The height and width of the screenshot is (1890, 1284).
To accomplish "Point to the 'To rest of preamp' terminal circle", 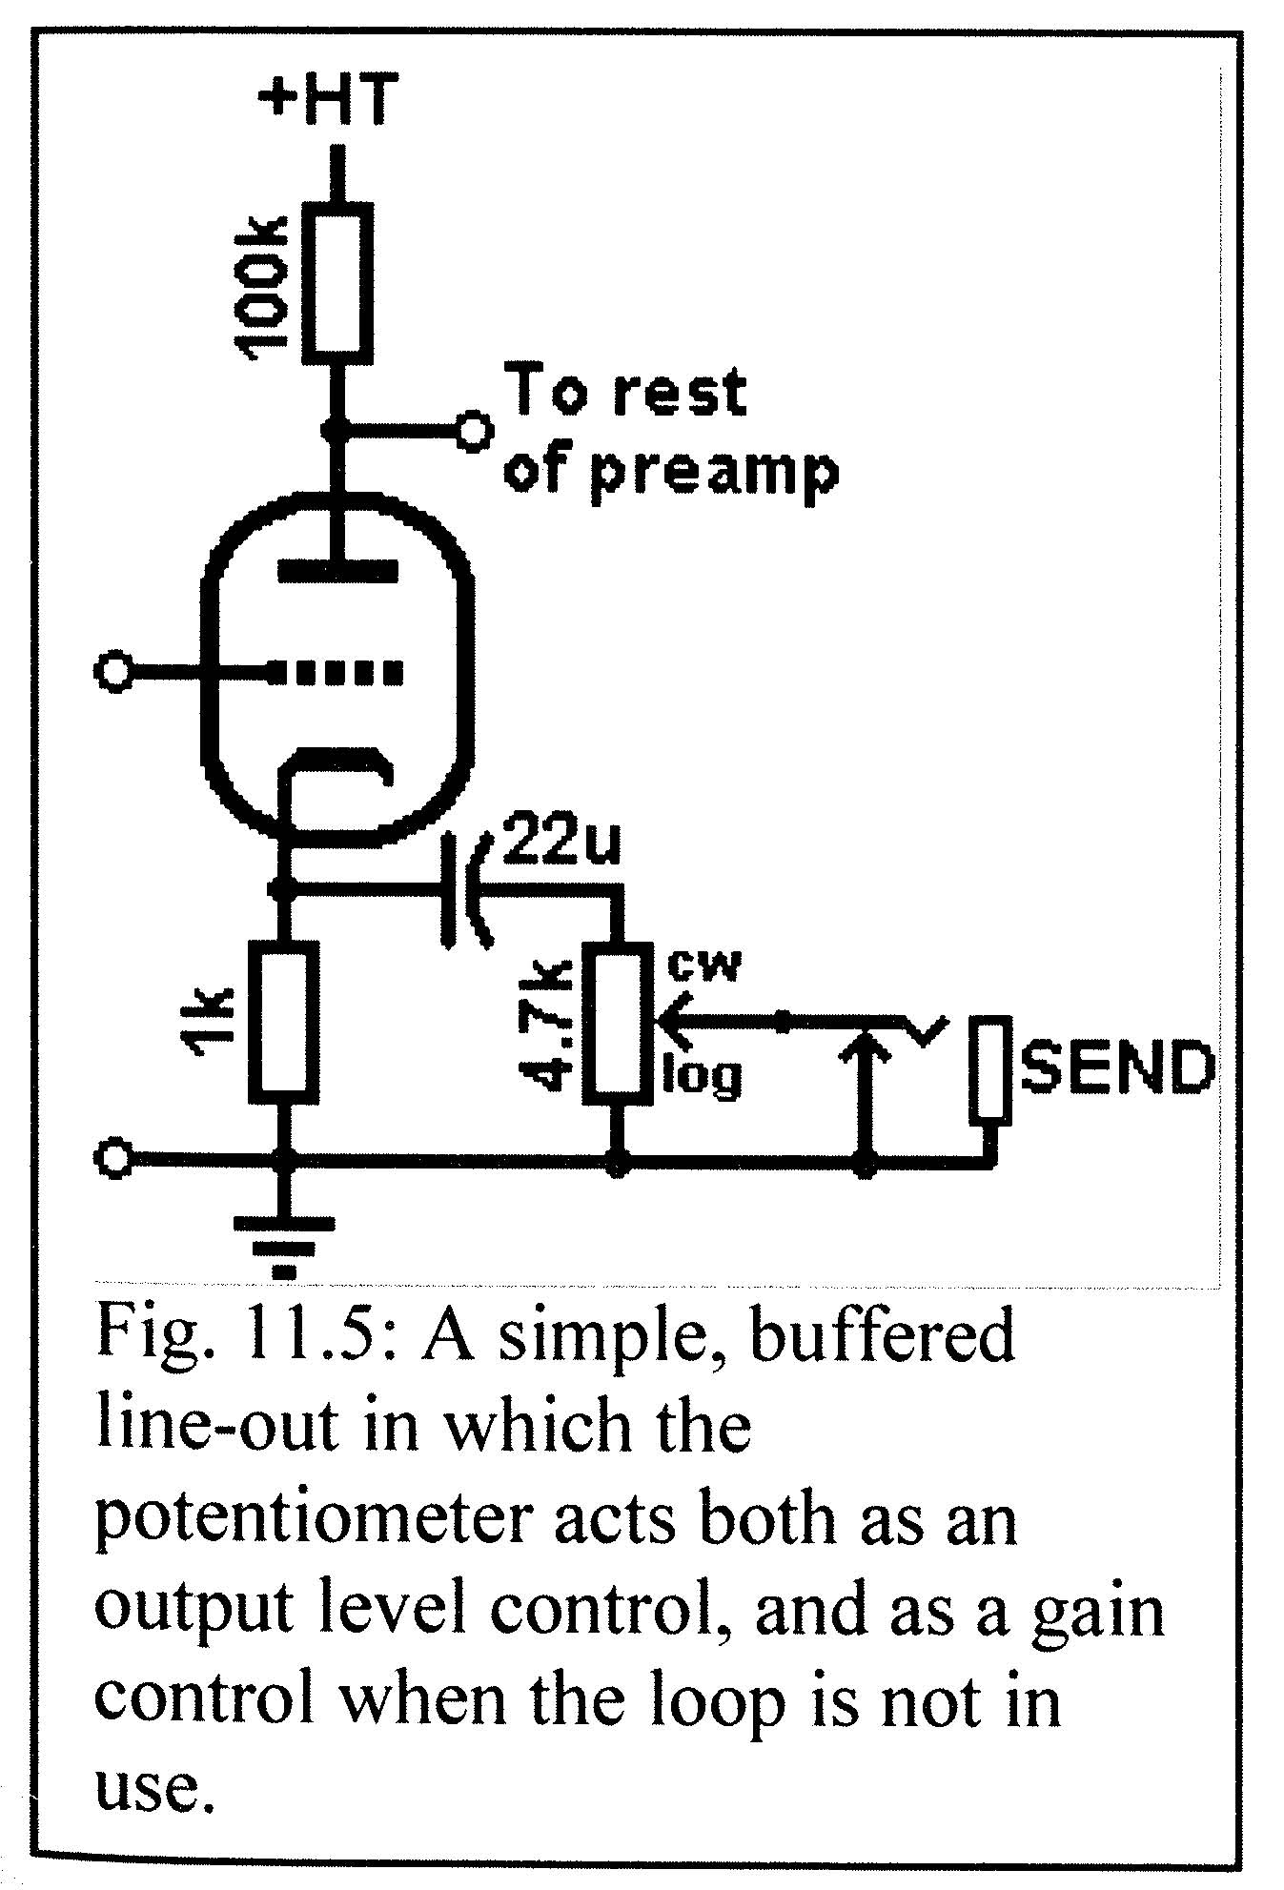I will tap(472, 432).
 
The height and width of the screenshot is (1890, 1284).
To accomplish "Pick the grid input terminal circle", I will tap(114, 672).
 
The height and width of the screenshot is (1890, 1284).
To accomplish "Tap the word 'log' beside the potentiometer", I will tap(703, 1075).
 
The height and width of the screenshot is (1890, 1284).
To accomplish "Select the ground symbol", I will tap(282, 1239).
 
